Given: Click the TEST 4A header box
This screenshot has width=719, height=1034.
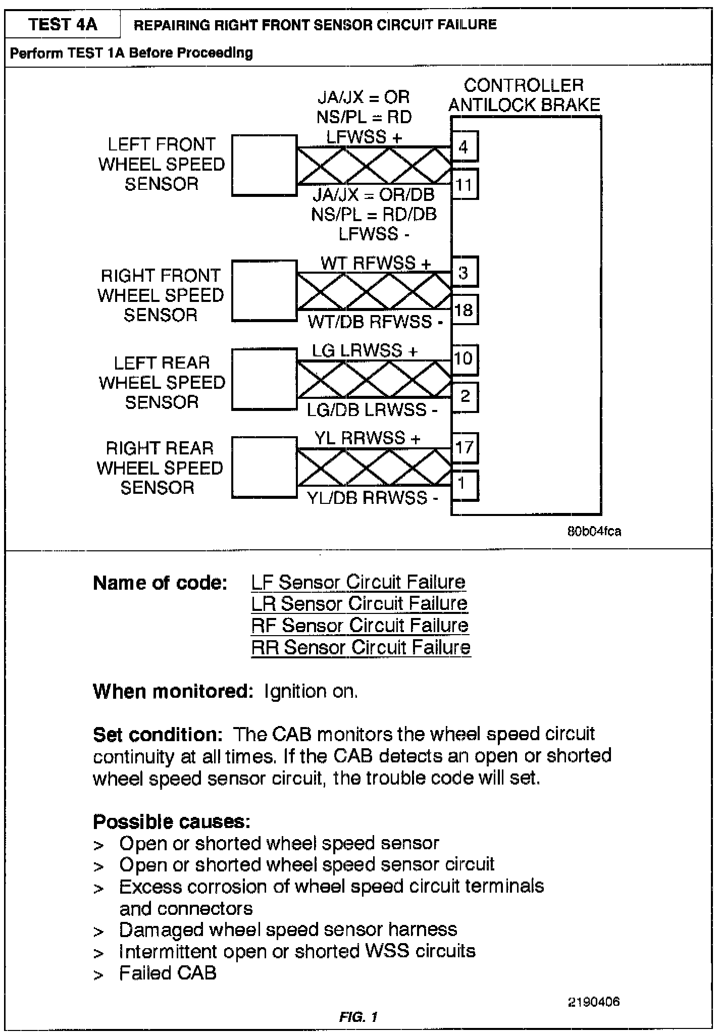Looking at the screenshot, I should (63, 24).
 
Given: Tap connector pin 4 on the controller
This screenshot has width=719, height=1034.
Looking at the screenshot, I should (464, 147).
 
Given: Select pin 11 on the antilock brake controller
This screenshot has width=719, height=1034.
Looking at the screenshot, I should (464, 185).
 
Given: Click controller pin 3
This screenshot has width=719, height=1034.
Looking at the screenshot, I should (464, 273).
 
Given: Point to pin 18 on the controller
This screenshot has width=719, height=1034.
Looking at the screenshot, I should (464, 309).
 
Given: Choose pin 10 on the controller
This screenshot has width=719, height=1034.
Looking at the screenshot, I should (464, 359).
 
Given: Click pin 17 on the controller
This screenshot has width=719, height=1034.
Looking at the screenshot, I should (464, 447).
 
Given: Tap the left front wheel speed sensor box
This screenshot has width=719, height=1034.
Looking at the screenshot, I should (264, 165).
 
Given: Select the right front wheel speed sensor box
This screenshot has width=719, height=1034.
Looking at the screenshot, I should (264, 290).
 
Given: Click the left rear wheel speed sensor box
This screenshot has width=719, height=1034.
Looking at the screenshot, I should (264, 379).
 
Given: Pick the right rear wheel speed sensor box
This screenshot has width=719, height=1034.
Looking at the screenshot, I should (264, 468).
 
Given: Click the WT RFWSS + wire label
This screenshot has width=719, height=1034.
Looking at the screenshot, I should (376, 263).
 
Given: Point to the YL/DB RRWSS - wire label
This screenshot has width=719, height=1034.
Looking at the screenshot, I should (373, 498).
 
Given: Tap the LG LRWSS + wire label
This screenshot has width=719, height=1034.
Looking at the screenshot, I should (365, 351).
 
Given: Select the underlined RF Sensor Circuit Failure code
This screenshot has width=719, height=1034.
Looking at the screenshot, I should (360, 626).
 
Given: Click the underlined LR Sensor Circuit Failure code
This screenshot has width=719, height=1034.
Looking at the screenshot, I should (359, 603).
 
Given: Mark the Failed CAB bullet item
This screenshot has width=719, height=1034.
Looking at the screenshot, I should (168, 973).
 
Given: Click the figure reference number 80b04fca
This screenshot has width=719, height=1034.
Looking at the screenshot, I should (594, 532).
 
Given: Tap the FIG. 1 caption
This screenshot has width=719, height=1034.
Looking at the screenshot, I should (358, 1017).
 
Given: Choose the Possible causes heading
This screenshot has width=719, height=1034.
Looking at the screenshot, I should (172, 822).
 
